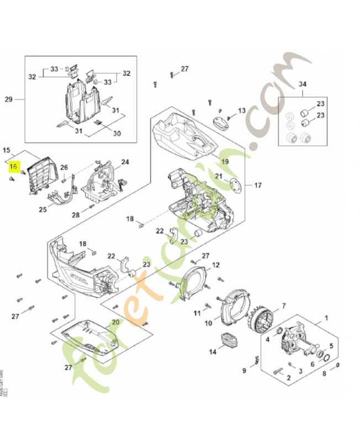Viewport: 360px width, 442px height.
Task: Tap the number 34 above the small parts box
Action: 302,84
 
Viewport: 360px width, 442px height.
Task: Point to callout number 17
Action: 257,185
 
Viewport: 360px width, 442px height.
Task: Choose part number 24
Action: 125,162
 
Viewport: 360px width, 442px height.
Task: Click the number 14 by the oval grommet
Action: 213,351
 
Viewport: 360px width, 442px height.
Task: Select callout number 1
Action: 326,318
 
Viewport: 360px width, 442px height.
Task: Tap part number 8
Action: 324,373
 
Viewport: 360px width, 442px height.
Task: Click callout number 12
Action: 216,265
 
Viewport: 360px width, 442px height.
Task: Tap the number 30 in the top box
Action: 117,133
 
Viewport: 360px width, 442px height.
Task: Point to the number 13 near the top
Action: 241,110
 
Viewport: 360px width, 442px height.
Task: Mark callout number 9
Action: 243,370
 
